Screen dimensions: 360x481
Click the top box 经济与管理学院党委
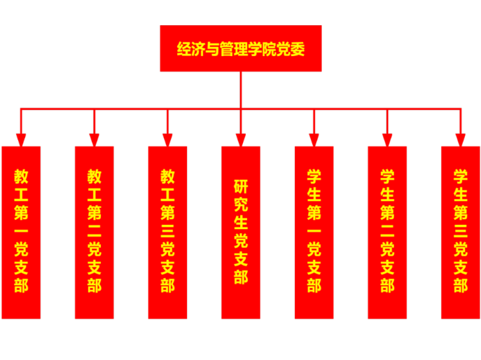coord(240,48)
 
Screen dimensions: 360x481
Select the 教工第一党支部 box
coord(21,232)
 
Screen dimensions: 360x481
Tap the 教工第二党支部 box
coord(95,232)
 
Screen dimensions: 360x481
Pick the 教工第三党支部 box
coord(167,232)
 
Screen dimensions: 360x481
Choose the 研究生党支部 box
coord(240,232)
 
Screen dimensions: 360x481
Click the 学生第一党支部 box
coord(314,232)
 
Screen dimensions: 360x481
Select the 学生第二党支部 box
coord(387,232)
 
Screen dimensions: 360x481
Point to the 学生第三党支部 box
coord(460,232)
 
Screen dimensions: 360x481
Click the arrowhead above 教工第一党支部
coord(21,139)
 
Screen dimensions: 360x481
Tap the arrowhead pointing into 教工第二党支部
coord(95,139)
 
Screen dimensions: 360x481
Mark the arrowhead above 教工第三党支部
coord(167,139)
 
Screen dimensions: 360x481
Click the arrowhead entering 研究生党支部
coord(240,139)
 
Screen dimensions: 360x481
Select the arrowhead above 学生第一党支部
coord(314,139)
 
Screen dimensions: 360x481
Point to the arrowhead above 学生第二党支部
coord(387,139)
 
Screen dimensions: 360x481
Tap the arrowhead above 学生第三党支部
coord(460,139)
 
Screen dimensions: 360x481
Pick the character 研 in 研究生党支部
coord(240,188)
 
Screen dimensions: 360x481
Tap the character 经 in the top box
coord(185,50)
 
